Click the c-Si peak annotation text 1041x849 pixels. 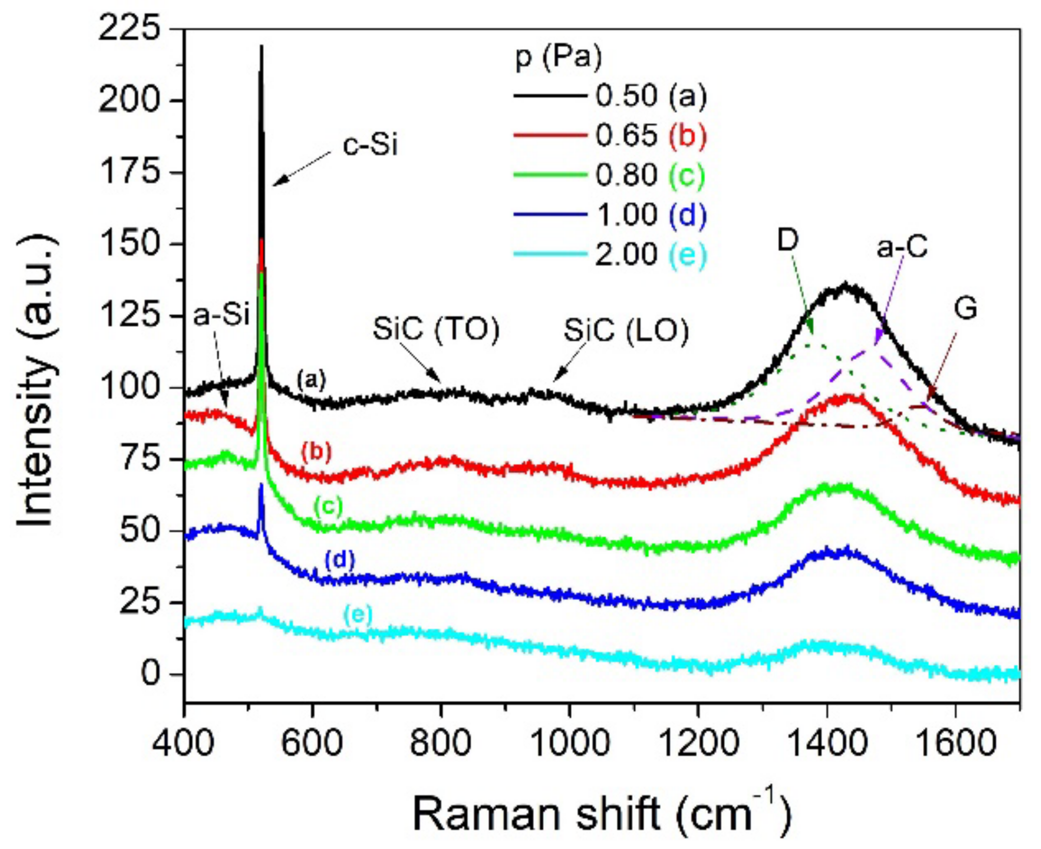pyautogui.click(x=370, y=145)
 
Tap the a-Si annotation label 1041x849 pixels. pyautogui.click(x=221, y=315)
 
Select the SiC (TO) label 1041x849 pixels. pyautogui.click(x=436, y=329)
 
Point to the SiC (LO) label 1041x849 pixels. pyautogui.click(x=626, y=330)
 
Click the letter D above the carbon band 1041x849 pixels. pyautogui.click(x=788, y=240)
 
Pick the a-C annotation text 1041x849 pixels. pyautogui.click(x=902, y=247)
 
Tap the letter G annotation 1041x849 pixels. pyautogui.click(x=965, y=309)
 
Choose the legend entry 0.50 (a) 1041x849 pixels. pyautogui.click(x=651, y=96)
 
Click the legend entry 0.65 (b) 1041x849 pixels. pyautogui.click(x=651, y=135)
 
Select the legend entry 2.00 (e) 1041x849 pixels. pyautogui.click(x=651, y=254)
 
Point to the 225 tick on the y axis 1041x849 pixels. pyautogui.click(x=129, y=28)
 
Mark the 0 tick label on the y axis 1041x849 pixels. pyautogui.click(x=151, y=674)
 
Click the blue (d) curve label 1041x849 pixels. pyautogui.click(x=339, y=560)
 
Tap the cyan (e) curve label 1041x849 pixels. pyautogui.click(x=358, y=614)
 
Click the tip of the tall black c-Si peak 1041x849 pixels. pyautogui.click(x=261, y=47)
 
